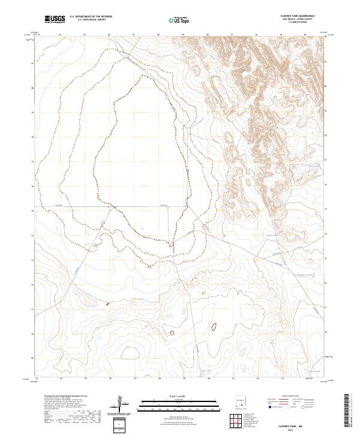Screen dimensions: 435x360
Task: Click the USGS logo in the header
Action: [x=54, y=20]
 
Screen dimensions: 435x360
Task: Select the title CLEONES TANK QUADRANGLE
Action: [x=298, y=16]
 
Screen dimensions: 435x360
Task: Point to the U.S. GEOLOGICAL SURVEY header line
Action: [x=91, y=21]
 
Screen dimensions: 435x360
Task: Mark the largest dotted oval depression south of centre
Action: [x=212, y=327]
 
